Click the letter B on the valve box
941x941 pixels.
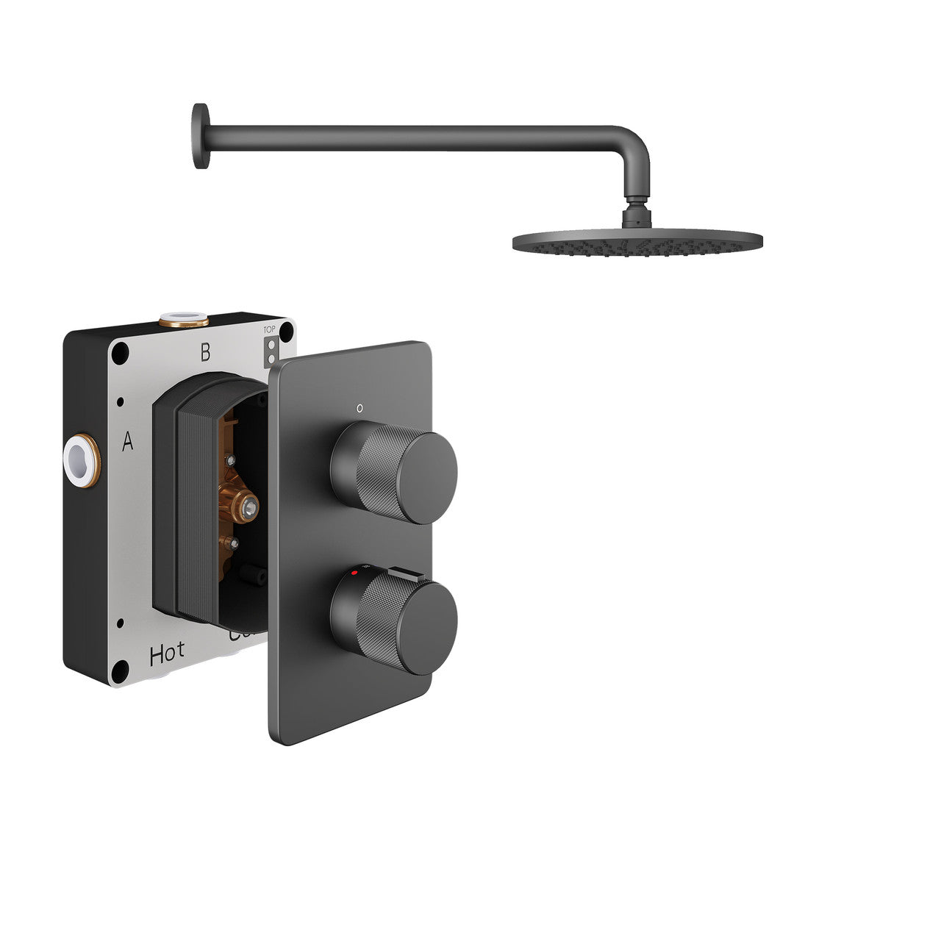(205, 353)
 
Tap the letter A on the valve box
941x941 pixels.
(128, 442)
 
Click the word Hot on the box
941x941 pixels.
(167, 654)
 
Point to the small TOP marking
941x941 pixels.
(270, 330)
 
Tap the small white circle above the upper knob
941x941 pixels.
(359, 407)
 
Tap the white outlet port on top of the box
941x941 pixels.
(183, 319)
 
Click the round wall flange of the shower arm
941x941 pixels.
(200, 136)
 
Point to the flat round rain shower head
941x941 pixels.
(637, 241)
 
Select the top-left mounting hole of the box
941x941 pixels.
(120, 354)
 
